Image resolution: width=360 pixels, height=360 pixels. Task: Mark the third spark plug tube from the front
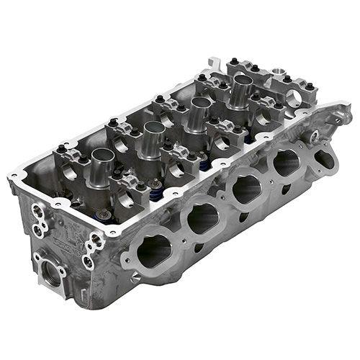194,115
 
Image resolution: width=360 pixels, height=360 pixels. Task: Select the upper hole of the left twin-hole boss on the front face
36,210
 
